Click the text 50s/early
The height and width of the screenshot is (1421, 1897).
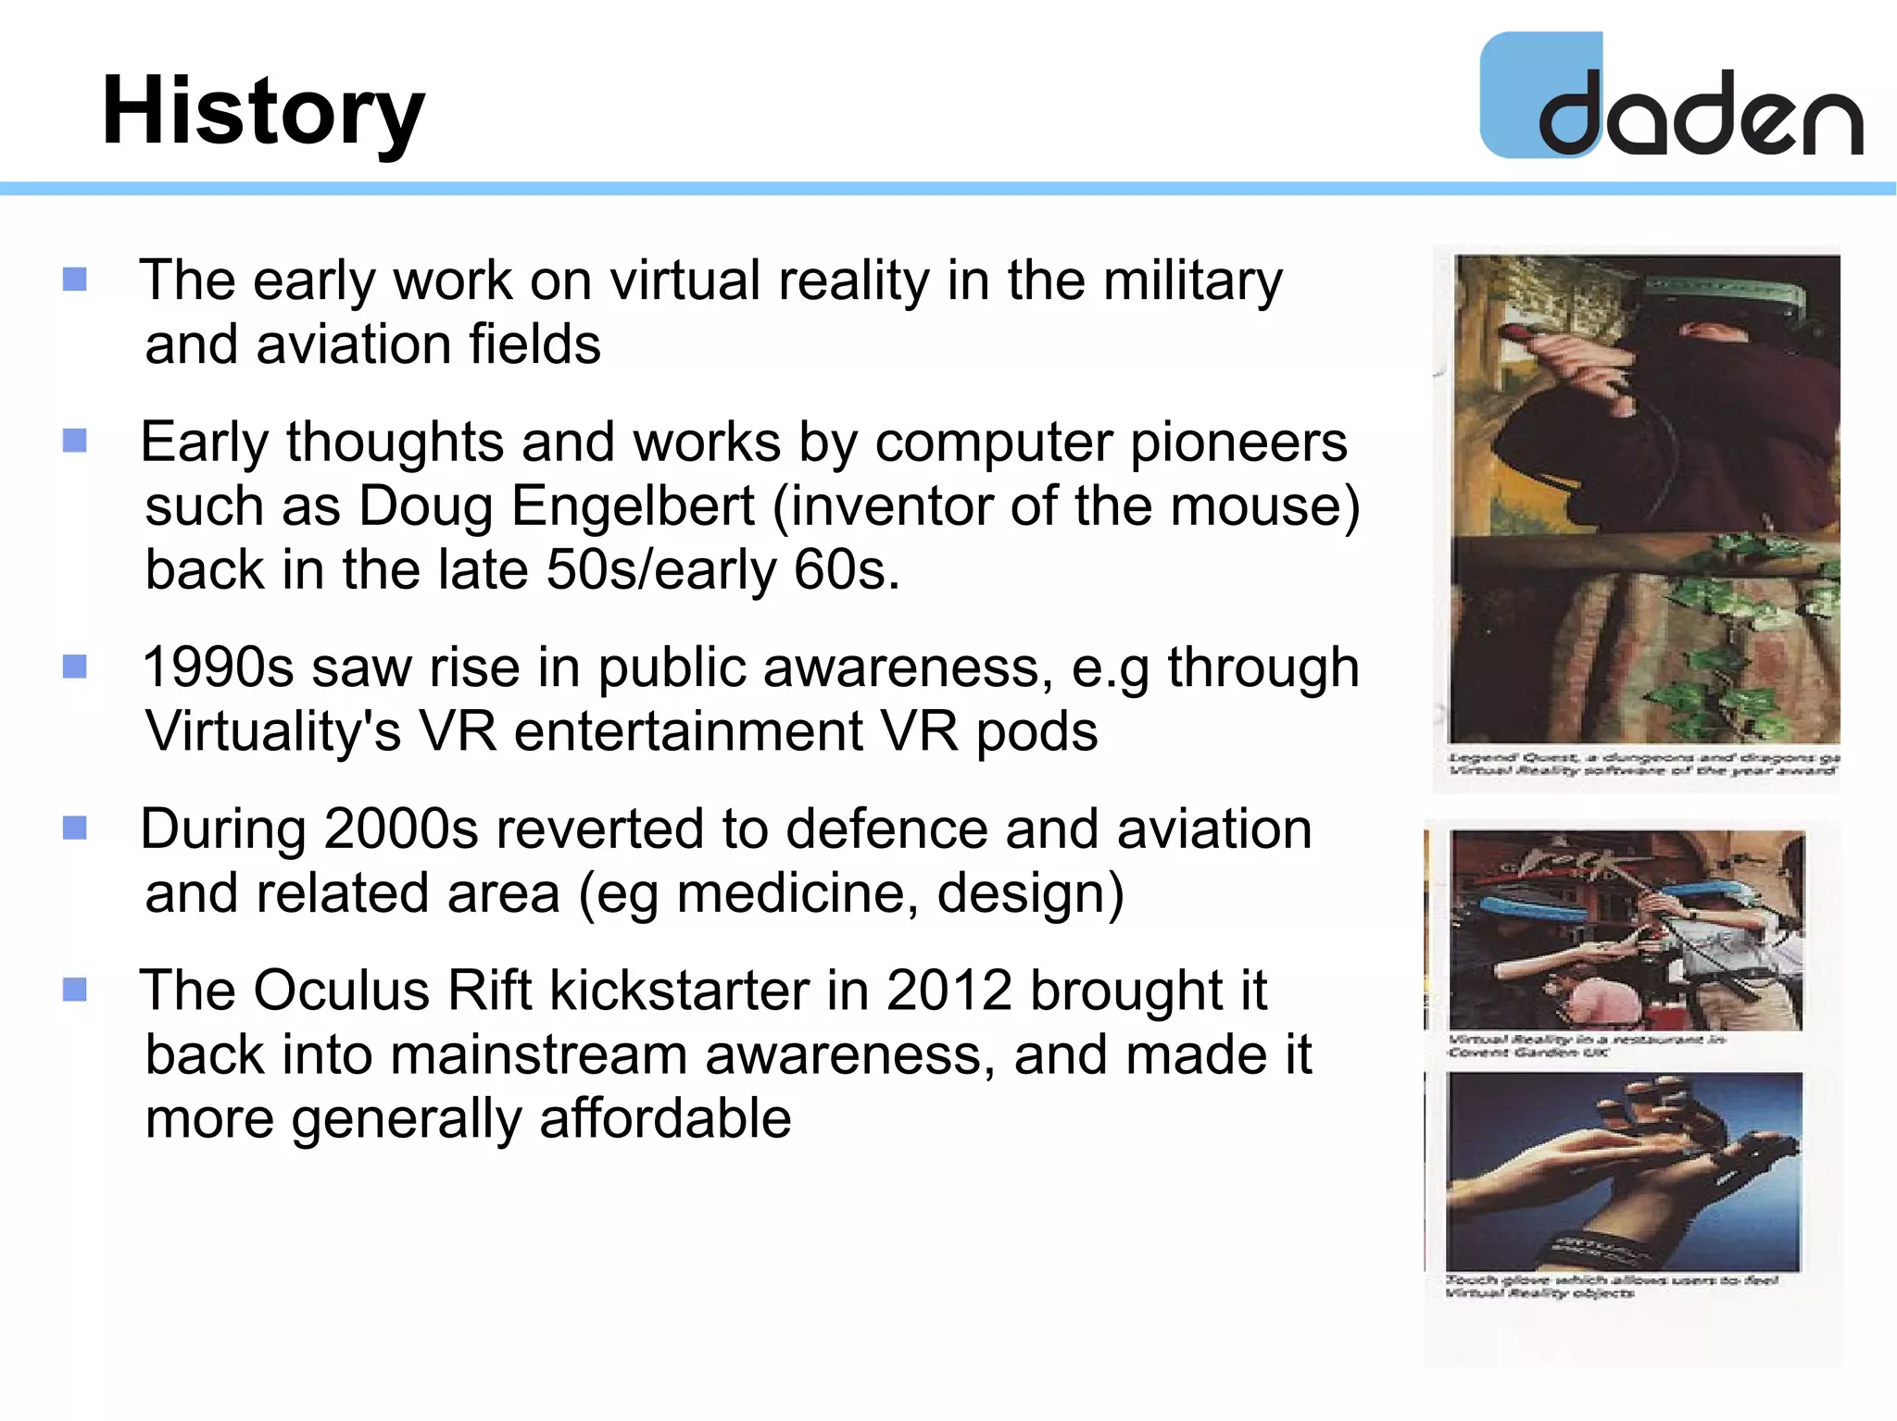point(660,570)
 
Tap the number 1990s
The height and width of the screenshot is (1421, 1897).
point(218,667)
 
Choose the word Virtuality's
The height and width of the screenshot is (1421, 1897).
point(273,732)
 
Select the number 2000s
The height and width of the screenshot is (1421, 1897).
point(401,829)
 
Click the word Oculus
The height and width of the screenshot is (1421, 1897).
point(341,991)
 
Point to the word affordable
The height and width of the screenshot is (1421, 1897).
point(664,1118)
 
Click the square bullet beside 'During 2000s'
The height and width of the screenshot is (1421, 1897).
point(75,828)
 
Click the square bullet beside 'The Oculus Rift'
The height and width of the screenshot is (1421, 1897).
point(75,990)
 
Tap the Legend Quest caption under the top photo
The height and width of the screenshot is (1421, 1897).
point(1642,764)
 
